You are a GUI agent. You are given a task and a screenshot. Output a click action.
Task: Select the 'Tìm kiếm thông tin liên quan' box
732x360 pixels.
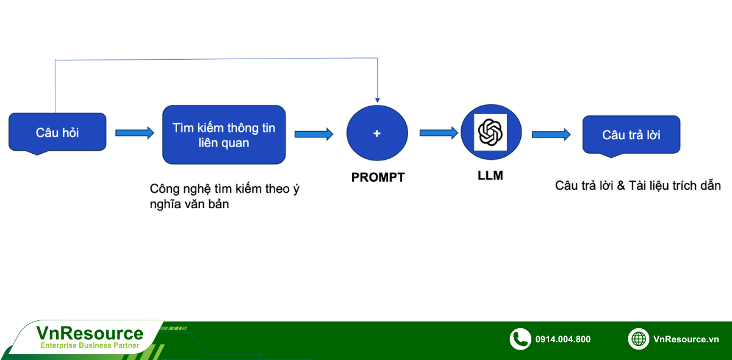[224, 135]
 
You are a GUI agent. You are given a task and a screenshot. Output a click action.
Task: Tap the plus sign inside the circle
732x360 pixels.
[377, 134]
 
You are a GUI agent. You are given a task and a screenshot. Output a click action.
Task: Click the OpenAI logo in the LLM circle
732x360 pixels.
[490, 132]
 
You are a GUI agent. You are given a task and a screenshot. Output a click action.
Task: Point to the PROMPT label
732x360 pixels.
[378, 178]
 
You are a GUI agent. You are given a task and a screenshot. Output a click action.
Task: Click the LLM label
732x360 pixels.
[490, 176]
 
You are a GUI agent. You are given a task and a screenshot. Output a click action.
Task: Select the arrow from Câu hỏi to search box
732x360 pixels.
[135, 133]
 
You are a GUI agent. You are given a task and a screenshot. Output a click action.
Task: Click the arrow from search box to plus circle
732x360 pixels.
[314, 134]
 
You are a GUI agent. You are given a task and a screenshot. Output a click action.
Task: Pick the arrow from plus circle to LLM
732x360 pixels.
[439, 133]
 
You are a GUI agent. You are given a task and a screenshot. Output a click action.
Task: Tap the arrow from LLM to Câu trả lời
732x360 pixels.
[551, 134]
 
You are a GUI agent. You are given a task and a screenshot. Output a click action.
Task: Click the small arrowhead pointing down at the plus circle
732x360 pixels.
[378, 101]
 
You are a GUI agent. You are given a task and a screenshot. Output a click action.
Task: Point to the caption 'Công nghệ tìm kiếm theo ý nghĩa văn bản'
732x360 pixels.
[224, 196]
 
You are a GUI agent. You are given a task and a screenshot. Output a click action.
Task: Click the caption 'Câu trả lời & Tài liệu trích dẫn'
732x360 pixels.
[638, 185]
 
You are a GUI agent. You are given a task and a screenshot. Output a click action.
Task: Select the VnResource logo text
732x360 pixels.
[90, 334]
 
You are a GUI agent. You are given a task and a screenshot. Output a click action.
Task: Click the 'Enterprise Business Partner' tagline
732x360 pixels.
[90, 345]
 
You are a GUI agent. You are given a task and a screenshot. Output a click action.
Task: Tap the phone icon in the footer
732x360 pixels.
[520, 339]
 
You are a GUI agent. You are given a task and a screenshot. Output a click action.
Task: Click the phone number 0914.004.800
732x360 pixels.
[562, 339]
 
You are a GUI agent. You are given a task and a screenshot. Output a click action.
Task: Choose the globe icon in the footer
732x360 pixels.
[639, 339]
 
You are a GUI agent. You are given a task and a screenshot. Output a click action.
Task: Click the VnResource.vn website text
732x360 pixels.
[686, 339]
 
